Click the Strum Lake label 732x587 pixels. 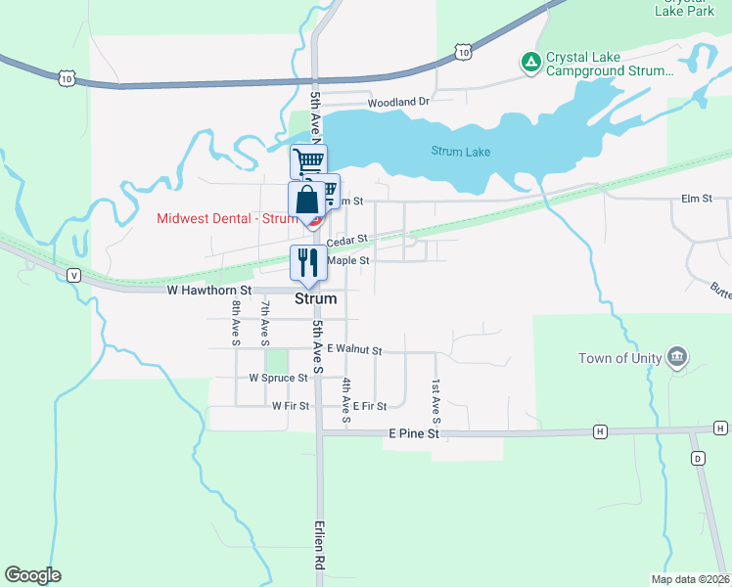coord(460,152)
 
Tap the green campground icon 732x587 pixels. coord(530,63)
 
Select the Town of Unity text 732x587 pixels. coord(616,358)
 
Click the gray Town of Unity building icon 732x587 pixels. coord(675,354)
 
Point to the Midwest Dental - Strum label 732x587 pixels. coord(227,218)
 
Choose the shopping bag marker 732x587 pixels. coord(306,200)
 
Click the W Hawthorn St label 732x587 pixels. coord(209,291)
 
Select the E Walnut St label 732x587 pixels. coord(354,348)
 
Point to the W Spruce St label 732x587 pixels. coord(278,378)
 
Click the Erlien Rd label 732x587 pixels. coord(319,546)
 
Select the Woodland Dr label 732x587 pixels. coord(398,102)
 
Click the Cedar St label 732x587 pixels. coord(346,240)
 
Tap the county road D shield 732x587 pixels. coord(698,458)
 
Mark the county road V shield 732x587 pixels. coord(73,276)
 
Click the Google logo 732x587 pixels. coord(32,575)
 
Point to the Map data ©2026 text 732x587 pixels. coord(689,579)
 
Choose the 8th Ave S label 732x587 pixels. coord(236,323)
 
